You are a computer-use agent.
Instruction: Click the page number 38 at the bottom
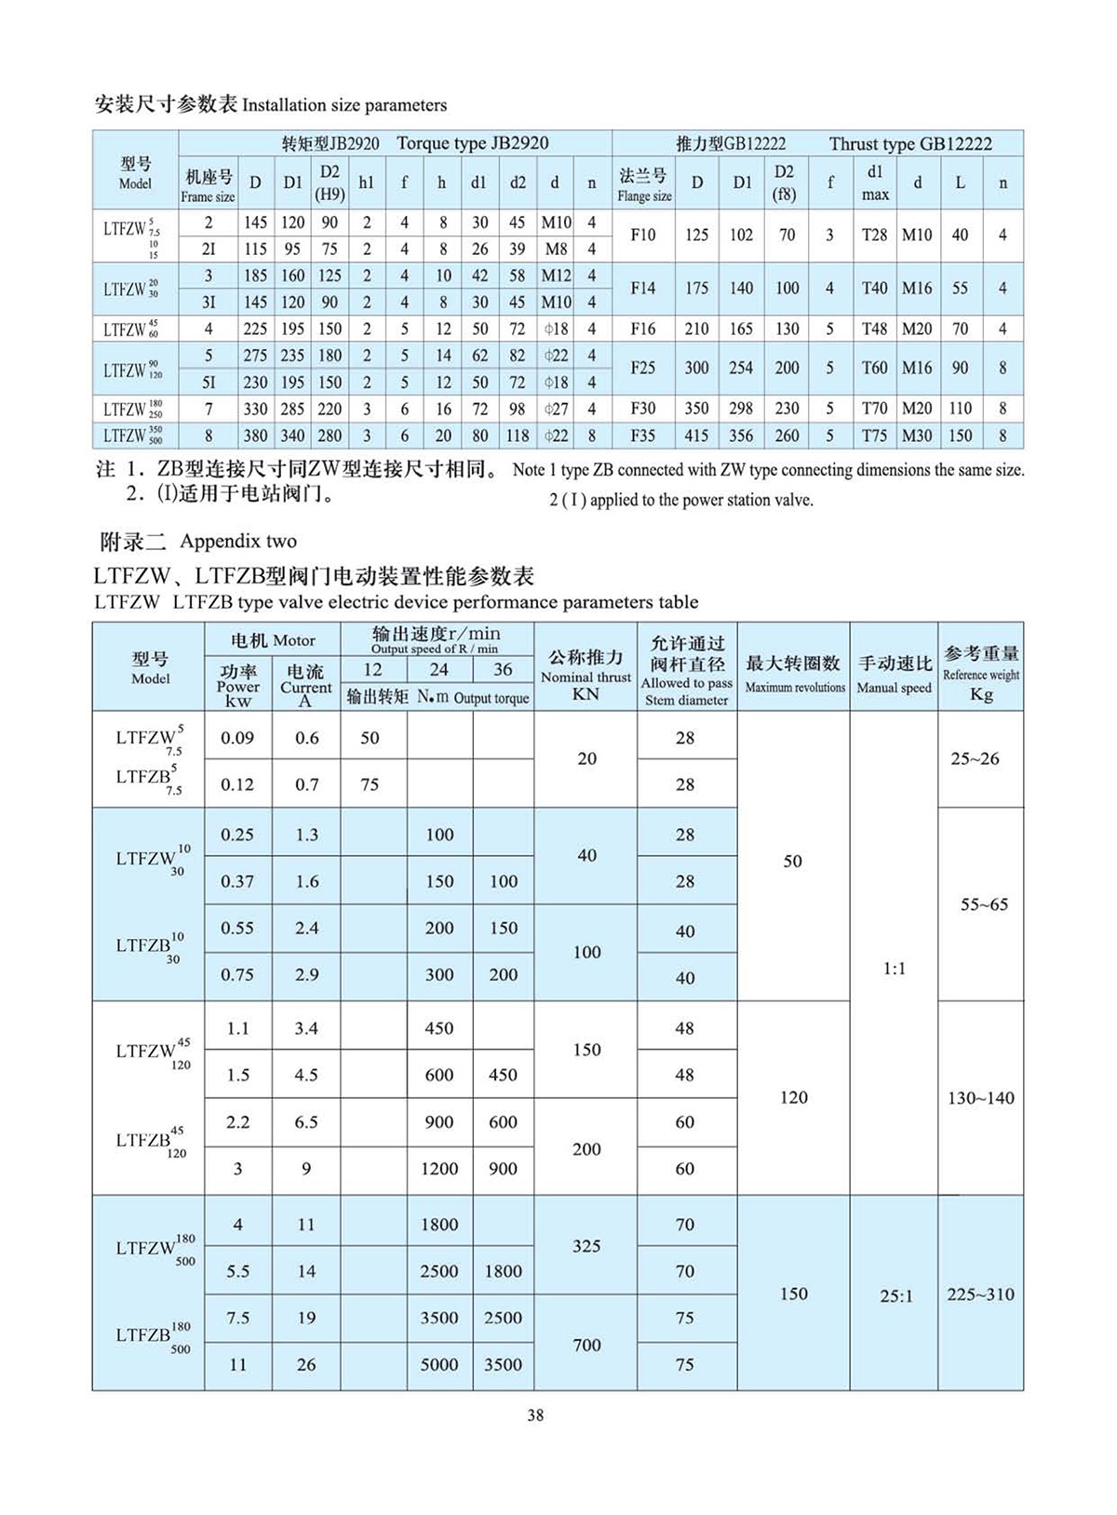[535, 1414]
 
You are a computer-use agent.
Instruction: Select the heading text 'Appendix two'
[238, 541]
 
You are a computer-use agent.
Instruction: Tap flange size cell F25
[642, 368]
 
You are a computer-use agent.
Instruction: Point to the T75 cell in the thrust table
[874, 436]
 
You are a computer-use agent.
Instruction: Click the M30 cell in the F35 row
[917, 436]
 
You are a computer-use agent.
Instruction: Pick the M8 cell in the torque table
[556, 248]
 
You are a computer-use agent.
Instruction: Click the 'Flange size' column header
[643, 184]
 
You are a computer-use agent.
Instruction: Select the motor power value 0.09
[237, 738]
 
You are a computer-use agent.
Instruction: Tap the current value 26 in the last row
[306, 1364]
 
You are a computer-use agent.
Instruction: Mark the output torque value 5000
[438, 1364]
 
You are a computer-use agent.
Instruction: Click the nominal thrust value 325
[586, 1245]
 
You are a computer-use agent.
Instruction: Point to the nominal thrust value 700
[586, 1344]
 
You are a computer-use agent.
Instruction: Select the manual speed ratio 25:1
[895, 1295]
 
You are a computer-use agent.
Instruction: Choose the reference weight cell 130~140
[980, 1098]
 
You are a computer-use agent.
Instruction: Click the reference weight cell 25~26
[975, 758]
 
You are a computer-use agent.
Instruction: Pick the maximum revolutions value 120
[793, 1097]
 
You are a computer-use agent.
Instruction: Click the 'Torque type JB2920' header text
[472, 143]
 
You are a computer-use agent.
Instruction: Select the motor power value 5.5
[237, 1271]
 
